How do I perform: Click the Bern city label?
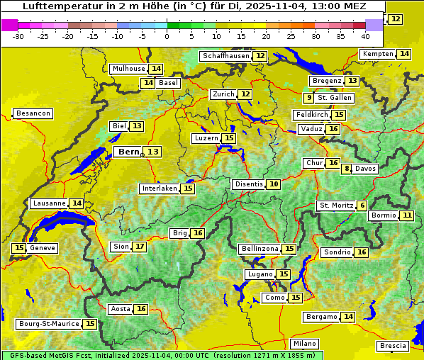click(x=129, y=152)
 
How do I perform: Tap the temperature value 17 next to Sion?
click(x=140, y=247)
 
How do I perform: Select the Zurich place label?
click(x=223, y=94)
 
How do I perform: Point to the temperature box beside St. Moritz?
click(x=362, y=206)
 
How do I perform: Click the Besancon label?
click(x=33, y=113)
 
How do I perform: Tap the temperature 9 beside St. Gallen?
click(x=308, y=98)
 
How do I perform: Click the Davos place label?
click(x=366, y=169)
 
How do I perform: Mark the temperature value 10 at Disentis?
click(x=274, y=184)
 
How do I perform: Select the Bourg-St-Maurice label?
click(x=48, y=324)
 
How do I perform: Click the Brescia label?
click(x=394, y=346)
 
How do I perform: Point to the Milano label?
click(x=306, y=344)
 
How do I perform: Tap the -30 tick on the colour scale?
click(x=18, y=35)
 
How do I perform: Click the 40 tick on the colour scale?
click(x=365, y=35)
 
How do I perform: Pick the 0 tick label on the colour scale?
click(x=167, y=35)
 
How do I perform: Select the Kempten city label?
click(x=376, y=54)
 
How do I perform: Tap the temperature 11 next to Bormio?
click(x=406, y=215)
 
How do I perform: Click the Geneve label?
click(x=43, y=248)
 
